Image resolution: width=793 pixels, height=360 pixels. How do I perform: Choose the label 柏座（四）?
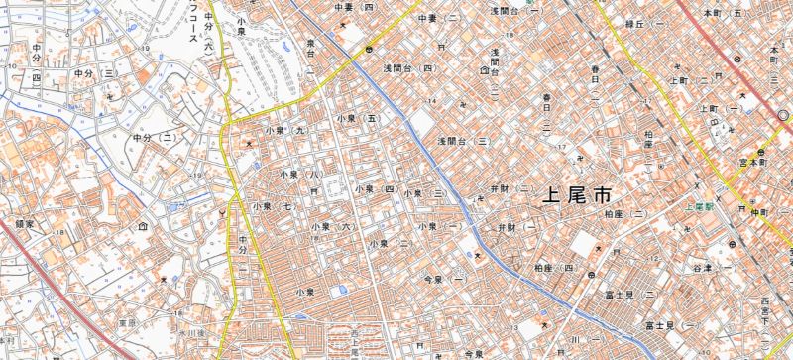coord(555,268)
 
